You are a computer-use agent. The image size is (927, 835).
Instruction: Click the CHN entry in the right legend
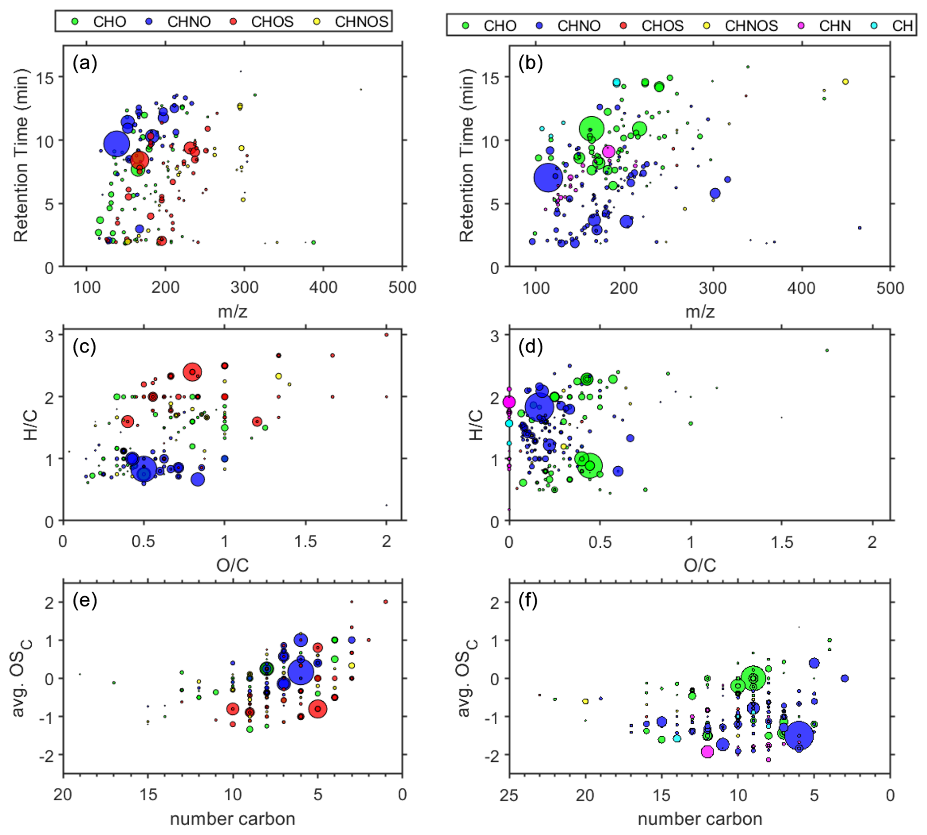tap(834, 25)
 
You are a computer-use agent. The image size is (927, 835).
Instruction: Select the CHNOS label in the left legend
tap(361, 22)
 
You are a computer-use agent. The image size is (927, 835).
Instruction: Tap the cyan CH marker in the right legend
tap(874, 25)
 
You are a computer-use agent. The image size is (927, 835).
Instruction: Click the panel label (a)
tap(85, 63)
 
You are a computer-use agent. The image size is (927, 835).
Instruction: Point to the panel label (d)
tap(531, 347)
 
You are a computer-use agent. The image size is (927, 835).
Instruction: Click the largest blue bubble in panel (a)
tap(117, 144)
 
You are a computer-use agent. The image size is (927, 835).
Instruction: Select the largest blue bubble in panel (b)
tap(548, 177)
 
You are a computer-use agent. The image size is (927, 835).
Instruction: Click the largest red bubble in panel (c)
tap(193, 372)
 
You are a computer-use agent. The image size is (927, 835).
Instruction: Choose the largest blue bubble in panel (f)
tap(799, 735)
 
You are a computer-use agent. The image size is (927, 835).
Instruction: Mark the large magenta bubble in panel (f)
tap(707, 751)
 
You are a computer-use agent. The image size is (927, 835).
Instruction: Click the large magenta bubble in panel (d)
tap(509, 402)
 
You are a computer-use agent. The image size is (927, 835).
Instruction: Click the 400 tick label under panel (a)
tap(323, 287)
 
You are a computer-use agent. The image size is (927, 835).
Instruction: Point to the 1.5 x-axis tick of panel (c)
tap(306, 541)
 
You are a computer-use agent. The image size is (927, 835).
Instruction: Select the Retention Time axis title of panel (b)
tap(466, 155)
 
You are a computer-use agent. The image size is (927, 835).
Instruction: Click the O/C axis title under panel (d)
tap(700, 565)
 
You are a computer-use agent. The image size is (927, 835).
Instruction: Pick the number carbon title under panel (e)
tap(232, 819)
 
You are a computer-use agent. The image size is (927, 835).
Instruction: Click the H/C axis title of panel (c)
tap(30, 426)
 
